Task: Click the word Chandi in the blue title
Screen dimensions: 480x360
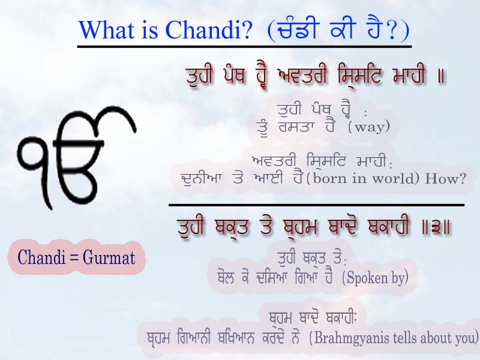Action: [208, 29]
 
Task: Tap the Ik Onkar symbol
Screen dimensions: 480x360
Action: [77, 157]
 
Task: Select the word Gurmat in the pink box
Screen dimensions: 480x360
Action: [109, 257]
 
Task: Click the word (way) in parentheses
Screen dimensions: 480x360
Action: [368, 127]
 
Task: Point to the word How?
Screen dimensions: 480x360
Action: [445, 178]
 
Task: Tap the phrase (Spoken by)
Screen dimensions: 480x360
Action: [374, 278]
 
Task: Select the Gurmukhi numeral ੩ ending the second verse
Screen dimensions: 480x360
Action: [436, 228]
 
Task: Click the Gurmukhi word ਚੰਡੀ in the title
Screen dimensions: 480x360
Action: [295, 29]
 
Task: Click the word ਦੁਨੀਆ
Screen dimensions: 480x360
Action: [200, 178]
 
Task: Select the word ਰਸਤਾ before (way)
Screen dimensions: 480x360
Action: [296, 127]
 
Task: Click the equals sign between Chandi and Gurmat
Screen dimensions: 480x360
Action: [74, 258]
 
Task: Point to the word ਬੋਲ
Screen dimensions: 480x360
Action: [226, 278]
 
